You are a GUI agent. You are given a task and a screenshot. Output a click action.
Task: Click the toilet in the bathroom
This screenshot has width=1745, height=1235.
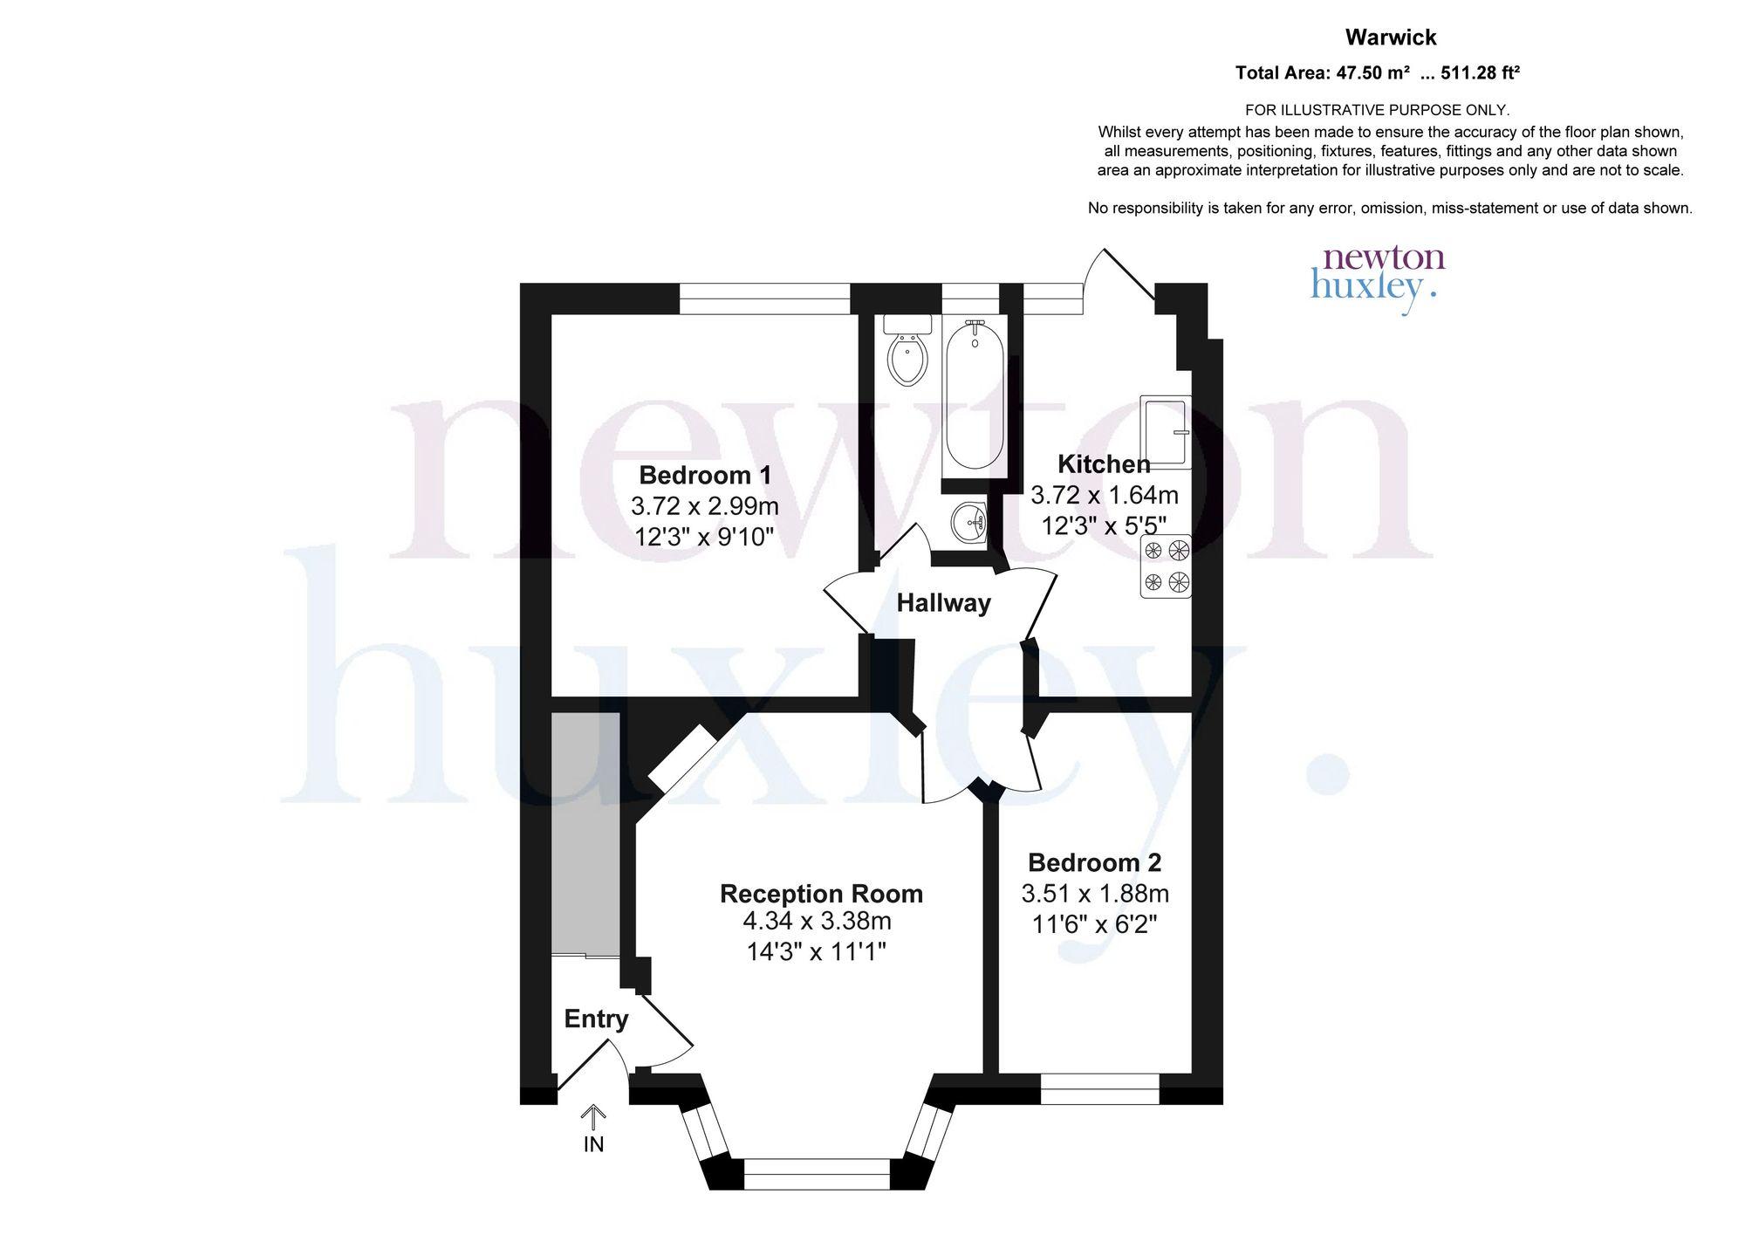tap(908, 351)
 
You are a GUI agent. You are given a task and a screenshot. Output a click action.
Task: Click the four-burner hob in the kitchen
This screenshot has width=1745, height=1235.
tap(1167, 566)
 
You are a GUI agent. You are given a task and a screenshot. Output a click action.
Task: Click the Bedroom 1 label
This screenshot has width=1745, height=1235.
tap(705, 476)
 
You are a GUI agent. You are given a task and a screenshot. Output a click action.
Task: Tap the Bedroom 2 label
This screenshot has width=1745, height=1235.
tap(1094, 862)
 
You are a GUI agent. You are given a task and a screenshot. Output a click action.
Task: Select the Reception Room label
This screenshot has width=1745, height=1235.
tap(821, 894)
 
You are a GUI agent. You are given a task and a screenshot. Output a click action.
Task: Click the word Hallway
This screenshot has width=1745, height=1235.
tap(944, 603)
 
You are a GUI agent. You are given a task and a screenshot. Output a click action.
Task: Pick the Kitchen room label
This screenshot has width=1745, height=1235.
tap(1104, 464)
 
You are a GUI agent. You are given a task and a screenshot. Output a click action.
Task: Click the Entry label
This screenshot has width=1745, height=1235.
tap(596, 1019)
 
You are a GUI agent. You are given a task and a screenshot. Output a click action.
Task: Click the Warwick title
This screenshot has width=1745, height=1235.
tap(1391, 38)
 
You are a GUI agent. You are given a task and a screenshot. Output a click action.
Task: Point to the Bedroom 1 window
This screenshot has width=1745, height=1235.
tap(764, 299)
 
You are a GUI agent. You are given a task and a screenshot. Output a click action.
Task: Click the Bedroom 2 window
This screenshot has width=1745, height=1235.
tap(1099, 1089)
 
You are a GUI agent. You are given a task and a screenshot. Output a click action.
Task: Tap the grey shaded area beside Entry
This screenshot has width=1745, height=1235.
tap(585, 834)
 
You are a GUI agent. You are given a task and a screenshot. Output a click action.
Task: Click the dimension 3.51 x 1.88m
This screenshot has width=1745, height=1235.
tap(1095, 894)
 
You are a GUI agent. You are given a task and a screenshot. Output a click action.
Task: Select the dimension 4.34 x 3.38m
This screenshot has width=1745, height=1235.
tap(817, 921)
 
